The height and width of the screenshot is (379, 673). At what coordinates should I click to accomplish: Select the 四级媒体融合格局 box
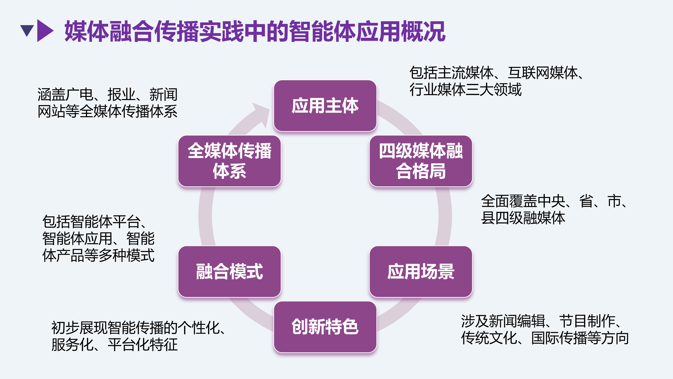coord(421,161)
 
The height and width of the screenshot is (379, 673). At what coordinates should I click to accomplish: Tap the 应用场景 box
coord(421,271)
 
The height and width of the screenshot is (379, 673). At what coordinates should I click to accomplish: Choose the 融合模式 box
coord(229,271)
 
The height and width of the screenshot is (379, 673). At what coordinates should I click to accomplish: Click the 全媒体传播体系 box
coord(229,161)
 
